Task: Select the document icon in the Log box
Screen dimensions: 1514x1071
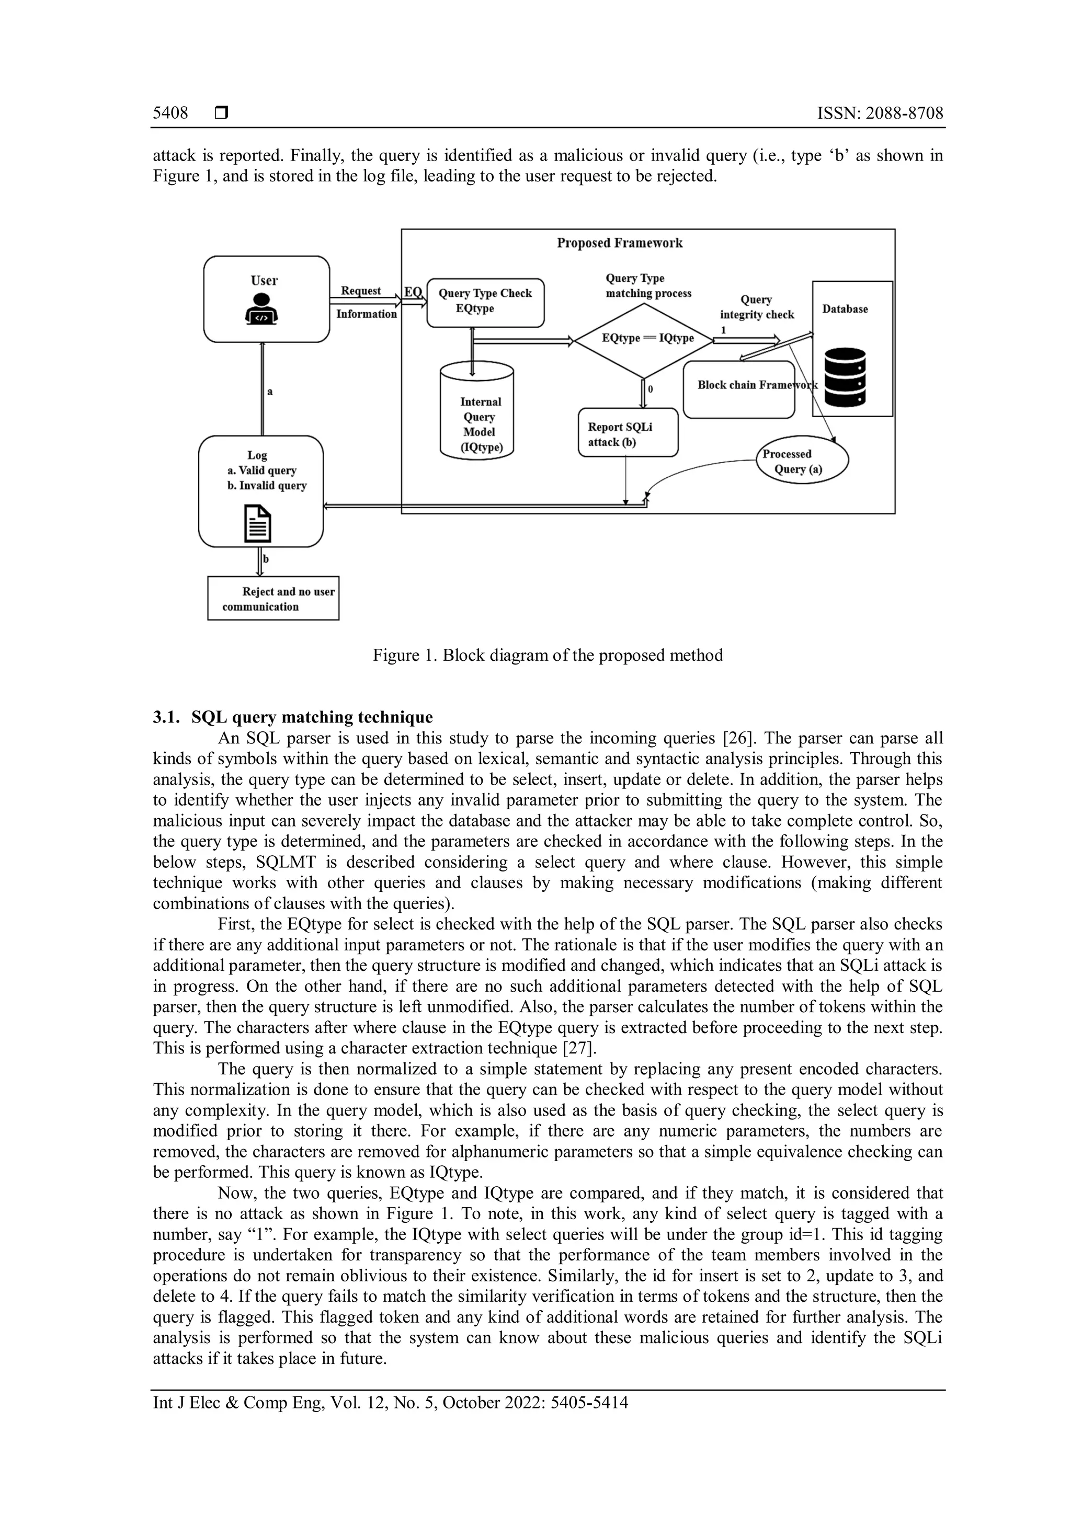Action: tap(258, 523)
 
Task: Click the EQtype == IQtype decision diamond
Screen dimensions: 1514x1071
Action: tap(644, 338)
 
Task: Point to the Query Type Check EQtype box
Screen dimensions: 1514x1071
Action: tap(485, 302)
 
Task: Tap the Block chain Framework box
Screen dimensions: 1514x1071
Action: tap(738, 389)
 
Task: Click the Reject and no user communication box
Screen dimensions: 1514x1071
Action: tap(273, 598)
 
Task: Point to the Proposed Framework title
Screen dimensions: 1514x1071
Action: tap(619, 243)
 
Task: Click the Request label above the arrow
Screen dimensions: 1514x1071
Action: tap(361, 291)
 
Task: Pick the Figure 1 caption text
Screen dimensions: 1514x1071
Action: tap(548, 656)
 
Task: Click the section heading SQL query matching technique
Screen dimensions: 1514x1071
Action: tap(316, 717)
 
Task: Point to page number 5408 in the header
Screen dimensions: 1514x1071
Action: tap(170, 113)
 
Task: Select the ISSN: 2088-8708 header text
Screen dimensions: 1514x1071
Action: tap(880, 113)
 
